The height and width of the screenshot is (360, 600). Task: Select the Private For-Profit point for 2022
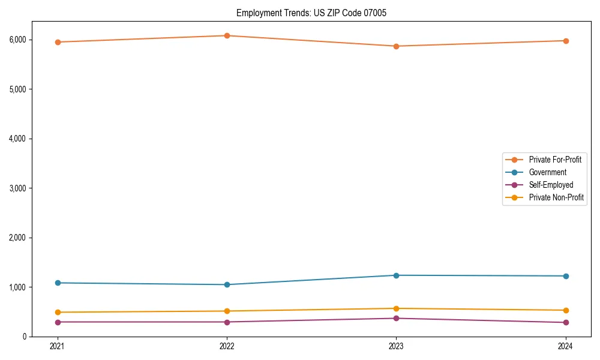click(x=227, y=35)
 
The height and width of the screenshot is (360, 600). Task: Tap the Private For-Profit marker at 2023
click(x=396, y=46)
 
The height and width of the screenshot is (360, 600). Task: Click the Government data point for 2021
click(x=58, y=283)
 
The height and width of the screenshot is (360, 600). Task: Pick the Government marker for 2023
click(x=396, y=275)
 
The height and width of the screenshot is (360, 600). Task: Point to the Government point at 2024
click(x=565, y=276)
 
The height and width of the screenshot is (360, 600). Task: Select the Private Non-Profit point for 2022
click(x=227, y=311)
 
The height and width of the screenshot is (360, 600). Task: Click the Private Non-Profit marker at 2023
click(x=396, y=308)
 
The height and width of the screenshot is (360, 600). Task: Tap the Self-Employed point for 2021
click(x=58, y=322)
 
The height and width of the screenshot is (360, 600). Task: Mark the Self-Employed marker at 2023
click(x=396, y=318)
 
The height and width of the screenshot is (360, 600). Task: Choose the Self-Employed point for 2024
click(x=565, y=323)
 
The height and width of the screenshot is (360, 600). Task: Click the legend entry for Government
click(x=547, y=172)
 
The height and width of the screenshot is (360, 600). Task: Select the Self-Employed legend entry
click(x=551, y=185)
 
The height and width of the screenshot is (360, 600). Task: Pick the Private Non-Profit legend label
click(x=556, y=197)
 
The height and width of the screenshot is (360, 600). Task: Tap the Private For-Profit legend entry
click(x=555, y=160)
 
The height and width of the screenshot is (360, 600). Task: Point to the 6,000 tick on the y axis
click(x=34, y=40)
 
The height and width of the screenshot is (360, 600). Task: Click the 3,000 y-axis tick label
click(x=34, y=188)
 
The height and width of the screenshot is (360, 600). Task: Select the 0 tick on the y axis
click(x=40, y=337)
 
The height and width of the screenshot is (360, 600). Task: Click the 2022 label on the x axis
click(x=227, y=346)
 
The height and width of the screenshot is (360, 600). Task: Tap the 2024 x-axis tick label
click(x=565, y=346)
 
